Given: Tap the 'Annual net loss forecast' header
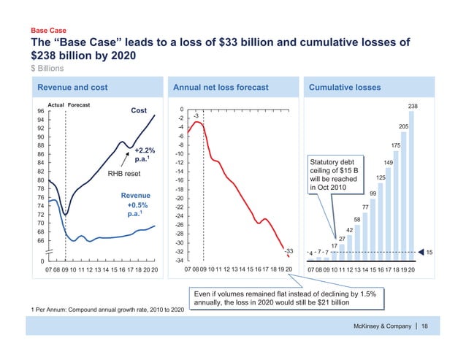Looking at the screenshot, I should tap(221, 88).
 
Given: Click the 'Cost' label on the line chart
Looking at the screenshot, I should tap(139, 111).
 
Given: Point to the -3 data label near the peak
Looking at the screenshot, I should tap(196, 117).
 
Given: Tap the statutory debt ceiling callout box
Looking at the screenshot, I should tap(334, 175).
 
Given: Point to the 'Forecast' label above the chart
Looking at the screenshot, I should tap(79, 105).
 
